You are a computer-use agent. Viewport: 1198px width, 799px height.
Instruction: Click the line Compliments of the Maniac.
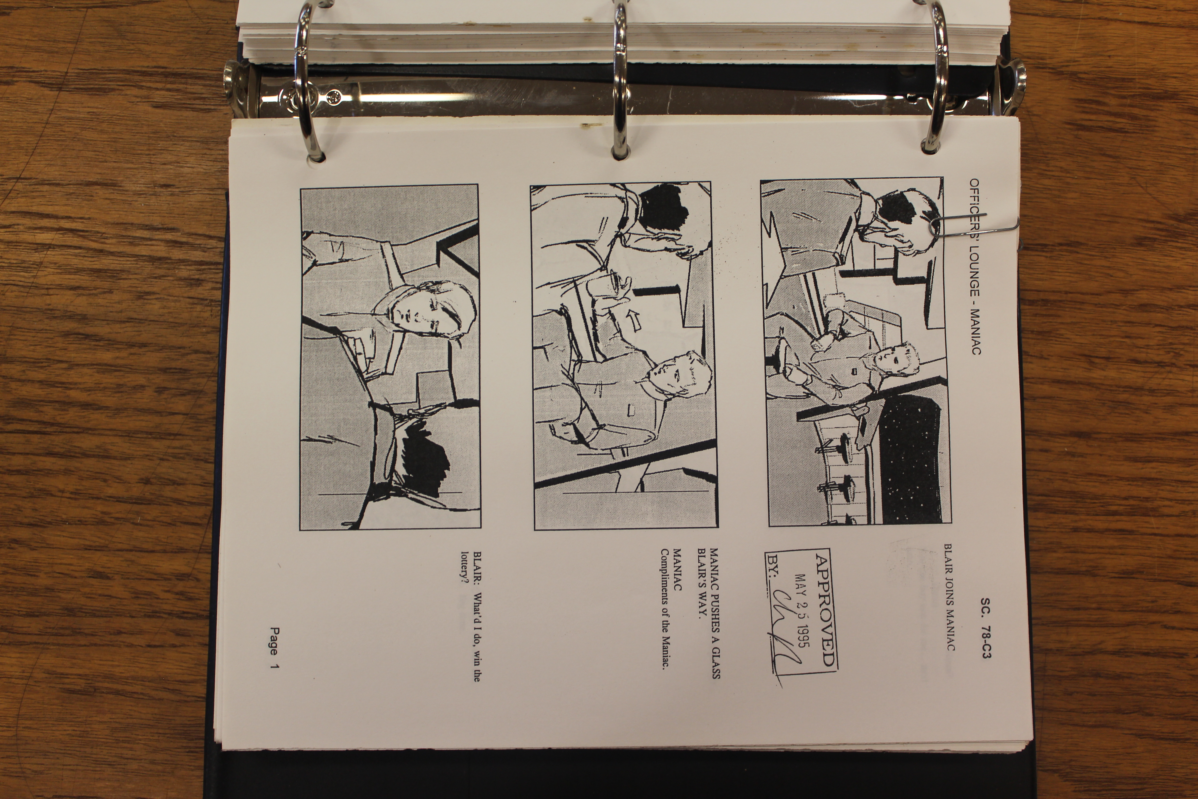pyautogui.click(x=665, y=609)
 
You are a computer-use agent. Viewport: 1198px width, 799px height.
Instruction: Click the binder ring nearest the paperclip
pyautogui.click(x=936, y=77)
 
